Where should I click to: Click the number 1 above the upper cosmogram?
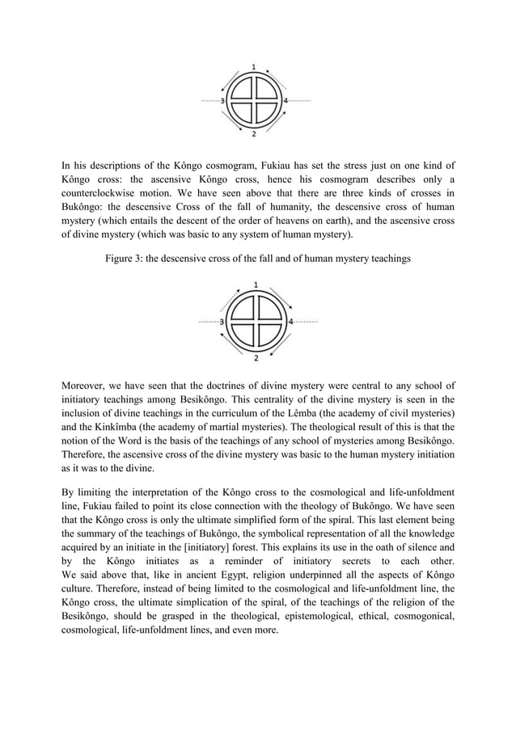coord(255,65)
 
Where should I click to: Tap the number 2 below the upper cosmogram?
coord(255,133)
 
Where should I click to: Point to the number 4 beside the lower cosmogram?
coord(290,321)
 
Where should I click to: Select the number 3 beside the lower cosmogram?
coord(222,321)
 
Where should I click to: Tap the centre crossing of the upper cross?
coord(255,101)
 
